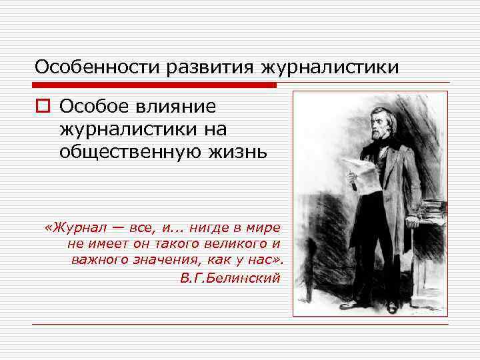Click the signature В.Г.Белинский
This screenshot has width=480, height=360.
pos(230,277)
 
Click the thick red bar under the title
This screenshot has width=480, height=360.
pos(153,85)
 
